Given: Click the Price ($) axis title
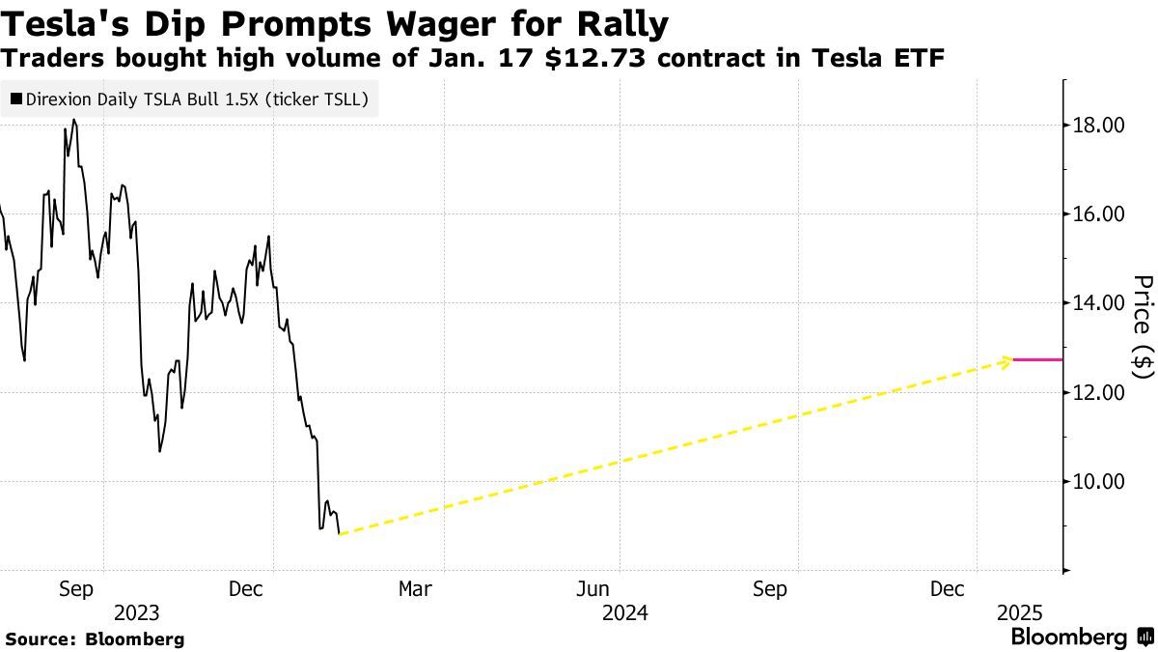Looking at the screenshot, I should [1143, 326].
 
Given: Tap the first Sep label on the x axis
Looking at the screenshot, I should [76, 588].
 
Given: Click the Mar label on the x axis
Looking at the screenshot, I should [415, 588].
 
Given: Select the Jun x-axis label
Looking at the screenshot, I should [593, 588].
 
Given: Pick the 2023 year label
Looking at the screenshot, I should [137, 612].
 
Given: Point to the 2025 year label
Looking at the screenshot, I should [1020, 612].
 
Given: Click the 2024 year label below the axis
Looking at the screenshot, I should [625, 612].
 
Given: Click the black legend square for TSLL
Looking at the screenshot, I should [16, 99].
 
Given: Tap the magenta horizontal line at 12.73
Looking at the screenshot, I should [1038, 359].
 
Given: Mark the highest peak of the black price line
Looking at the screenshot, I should [74, 120].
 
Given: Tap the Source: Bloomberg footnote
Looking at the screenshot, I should [95, 639].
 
